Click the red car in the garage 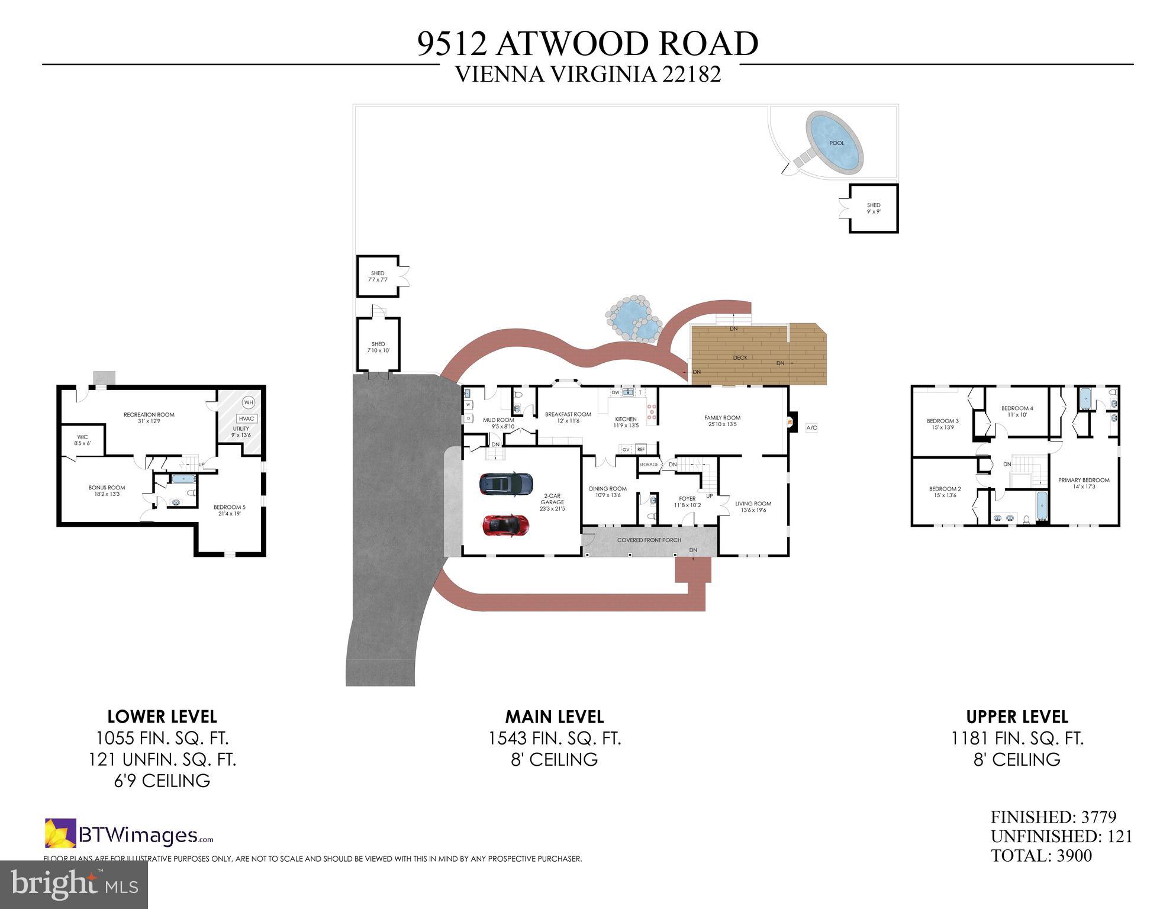(x=505, y=524)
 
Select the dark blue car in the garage (x=505, y=484)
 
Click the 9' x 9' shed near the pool (x=874, y=208)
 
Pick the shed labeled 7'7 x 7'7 (x=378, y=276)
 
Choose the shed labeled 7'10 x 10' (x=378, y=346)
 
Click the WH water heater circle (x=249, y=402)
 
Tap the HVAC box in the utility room (x=247, y=418)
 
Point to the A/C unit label (x=811, y=427)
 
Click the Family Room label (x=722, y=418)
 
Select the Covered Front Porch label (x=649, y=540)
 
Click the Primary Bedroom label (x=1084, y=480)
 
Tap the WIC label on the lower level (x=82, y=437)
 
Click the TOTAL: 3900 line (x=1041, y=856)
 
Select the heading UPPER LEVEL (x=1017, y=717)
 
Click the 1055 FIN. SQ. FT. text (x=162, y=739)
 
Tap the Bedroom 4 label (x=1017, y=408)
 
